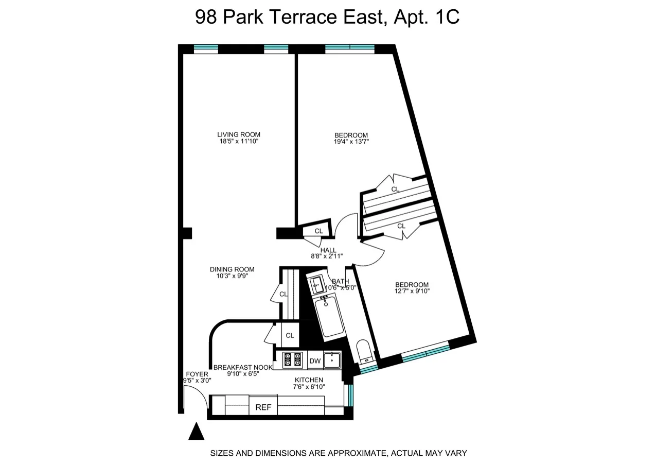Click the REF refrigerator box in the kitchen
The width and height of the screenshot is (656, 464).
click(263, 407)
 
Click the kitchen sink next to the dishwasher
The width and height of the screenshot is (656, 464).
click(332, 360)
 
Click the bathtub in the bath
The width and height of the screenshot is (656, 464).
click(329, 315)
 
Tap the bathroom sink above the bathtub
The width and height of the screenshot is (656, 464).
click(316, 284)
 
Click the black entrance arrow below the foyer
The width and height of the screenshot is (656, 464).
click(196, 432)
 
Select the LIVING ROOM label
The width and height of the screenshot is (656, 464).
click(239, 135)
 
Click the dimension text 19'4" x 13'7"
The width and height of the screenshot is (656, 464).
click(351, 143)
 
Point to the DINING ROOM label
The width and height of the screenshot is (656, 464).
click(232, 269)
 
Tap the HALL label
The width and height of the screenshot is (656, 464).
click(328, 250)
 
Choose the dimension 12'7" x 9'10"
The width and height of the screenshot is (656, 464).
click(412, 291)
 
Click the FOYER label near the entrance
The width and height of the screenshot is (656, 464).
click(197, 374)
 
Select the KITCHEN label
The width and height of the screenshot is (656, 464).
click(309, 380)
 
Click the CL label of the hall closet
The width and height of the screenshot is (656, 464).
click(318, 231)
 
